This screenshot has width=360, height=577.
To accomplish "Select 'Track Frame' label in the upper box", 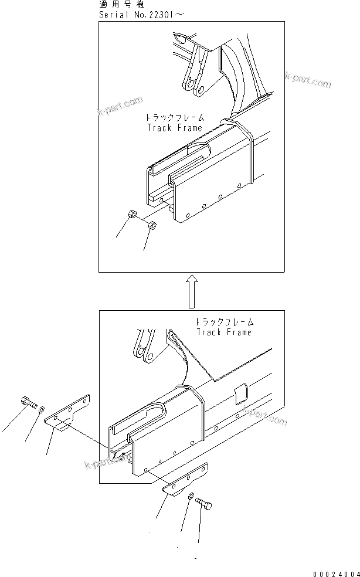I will click(174, 127).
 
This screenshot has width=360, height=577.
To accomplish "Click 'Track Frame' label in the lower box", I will click(224, 332).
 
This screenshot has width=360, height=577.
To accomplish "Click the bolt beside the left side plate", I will click(28, 403).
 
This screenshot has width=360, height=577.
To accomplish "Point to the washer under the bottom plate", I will click(192, 497).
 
